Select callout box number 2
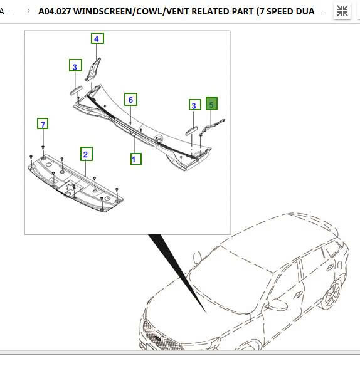[87, 154]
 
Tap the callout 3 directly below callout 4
[75, 66]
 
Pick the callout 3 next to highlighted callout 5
[194, 105]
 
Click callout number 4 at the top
[97, 39]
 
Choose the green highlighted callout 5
[211, 104]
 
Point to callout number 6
[130, 99]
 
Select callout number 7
[43, 124]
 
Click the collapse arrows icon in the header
[342, 11]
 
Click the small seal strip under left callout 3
[76, 90]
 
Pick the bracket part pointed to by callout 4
[93, 69]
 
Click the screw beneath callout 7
[43, 148]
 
